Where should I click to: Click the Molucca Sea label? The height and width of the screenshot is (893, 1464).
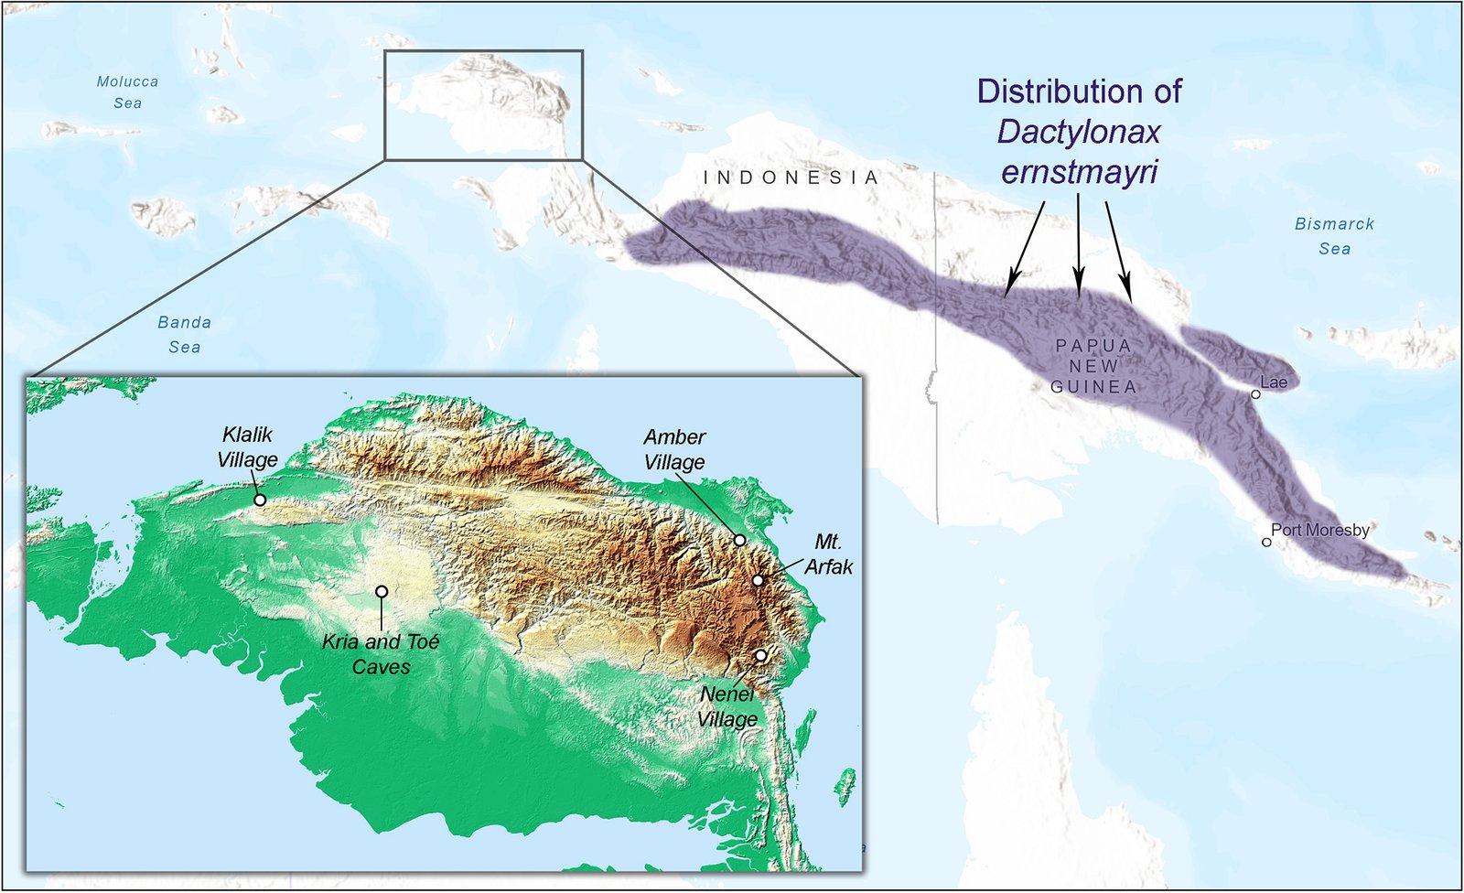(127, 92)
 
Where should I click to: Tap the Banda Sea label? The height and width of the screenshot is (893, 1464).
(184, 335)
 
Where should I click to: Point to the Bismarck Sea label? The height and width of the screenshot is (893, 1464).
(1334, 236)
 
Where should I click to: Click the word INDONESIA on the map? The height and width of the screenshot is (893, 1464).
(791, 178)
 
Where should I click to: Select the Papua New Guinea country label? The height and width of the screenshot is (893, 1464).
(1093, 366)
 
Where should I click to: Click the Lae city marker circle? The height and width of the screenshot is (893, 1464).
(1256, 394)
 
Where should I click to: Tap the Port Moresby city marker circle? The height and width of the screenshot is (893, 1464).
(1266, 543)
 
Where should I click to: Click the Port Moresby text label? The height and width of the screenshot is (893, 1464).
(1320, 530)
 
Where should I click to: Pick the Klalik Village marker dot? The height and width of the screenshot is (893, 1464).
(260, 500)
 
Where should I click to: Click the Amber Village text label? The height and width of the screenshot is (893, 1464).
(674, 449)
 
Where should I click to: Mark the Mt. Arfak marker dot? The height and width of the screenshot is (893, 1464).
(758, 580)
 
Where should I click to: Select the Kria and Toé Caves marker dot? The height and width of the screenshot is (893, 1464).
(382, 592)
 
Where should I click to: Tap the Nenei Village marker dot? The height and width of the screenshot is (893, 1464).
(760, 655)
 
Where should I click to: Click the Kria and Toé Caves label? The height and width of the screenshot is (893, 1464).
(381, 654)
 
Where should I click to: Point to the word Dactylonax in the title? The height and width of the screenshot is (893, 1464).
(1079, 132)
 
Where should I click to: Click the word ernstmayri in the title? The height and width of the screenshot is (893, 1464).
(1079, 172)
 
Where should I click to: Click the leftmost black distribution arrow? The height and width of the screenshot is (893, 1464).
(1025, 247)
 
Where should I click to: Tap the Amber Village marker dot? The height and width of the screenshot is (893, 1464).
(739, 540)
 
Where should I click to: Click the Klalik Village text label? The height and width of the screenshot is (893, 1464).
(247, 447)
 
